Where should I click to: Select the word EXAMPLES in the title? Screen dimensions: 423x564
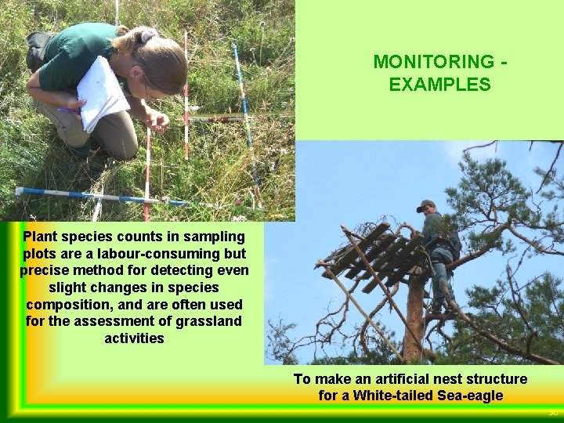(439, 85)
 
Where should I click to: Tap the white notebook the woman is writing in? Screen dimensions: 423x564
(101, 93)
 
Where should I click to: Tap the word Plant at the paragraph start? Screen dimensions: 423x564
(41, 236)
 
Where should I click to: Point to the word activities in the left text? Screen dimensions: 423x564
(134, 338)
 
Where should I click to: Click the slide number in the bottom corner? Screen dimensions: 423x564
(553, 412)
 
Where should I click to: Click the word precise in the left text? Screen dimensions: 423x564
(44, 270)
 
